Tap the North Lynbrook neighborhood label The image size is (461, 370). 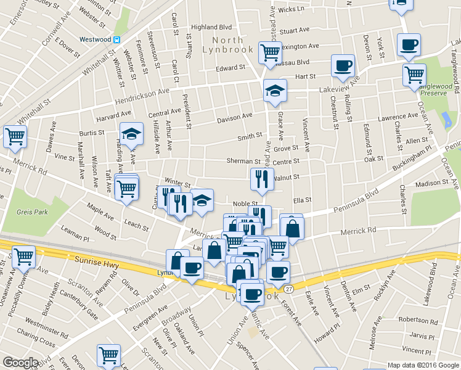click(227, 44)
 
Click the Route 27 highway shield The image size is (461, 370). click(288, 288)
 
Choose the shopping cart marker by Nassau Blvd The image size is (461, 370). click(270, 51)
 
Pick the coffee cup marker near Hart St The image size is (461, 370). click(343, 65)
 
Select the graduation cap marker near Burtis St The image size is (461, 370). click(131, 133)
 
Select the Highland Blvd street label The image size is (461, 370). click(211, 27)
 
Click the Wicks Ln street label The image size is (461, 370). click(292, 9)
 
